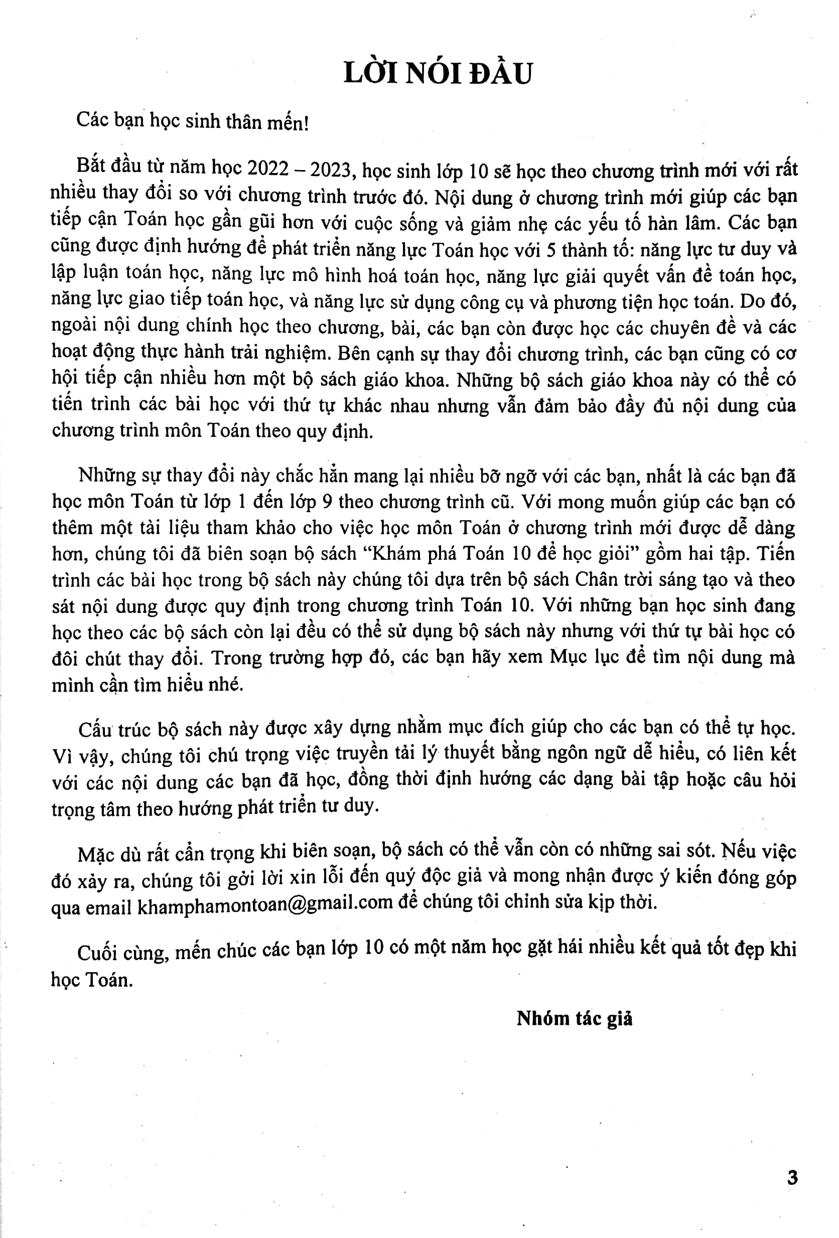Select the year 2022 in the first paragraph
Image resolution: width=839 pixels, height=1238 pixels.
(x=268, y=169)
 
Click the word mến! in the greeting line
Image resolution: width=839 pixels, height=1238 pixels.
(x=289, y=122)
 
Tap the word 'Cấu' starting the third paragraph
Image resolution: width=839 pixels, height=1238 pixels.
(x=95, y=729)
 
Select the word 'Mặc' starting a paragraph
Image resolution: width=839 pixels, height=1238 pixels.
(x=95, y=854)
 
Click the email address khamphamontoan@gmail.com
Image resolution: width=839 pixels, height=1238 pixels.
(x=265, y=904)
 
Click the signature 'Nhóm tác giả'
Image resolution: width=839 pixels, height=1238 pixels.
(x=574, y=1018)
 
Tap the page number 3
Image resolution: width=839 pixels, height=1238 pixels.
(x=792, y=1178)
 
